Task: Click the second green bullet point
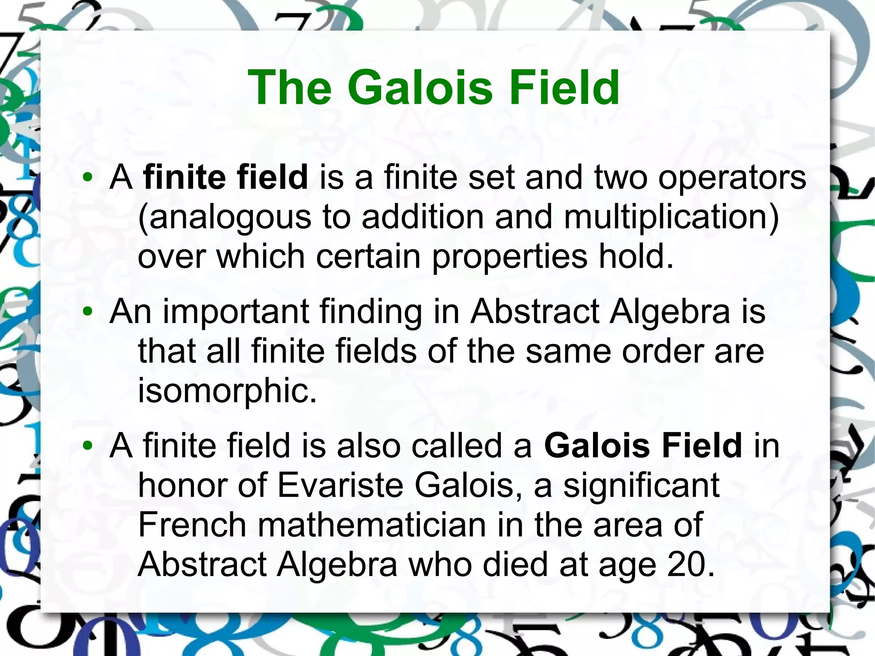coord(88,312)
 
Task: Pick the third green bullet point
coord(88,446)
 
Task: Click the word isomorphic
coord(227,391)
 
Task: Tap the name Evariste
coord(340,485)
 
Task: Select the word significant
coord(641,485)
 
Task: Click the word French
coord(192,525)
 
